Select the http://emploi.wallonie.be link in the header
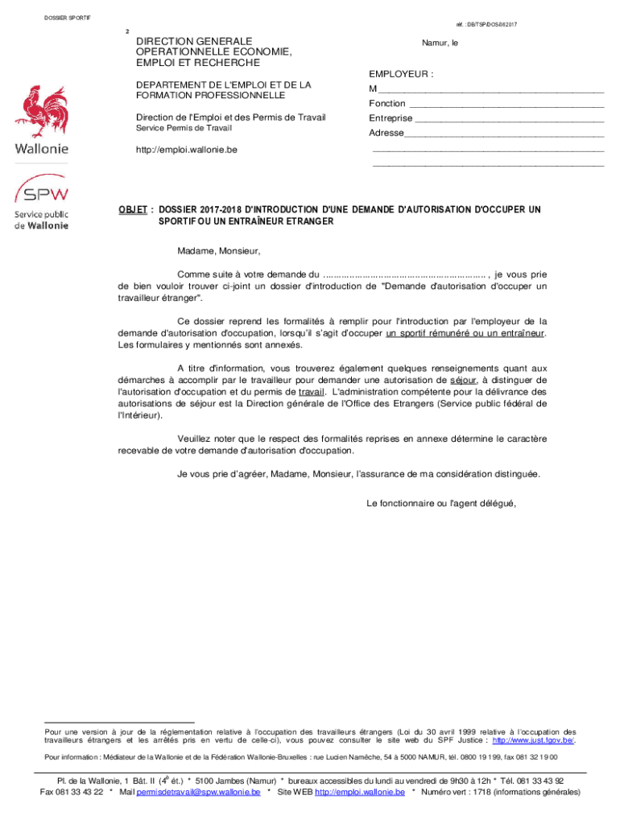(x=186, y=150)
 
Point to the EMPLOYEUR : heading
(x=401, y=74)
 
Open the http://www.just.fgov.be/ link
(x=533, y=740)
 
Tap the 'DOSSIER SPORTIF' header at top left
(x=68, y=17)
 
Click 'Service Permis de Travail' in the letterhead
(x=183, y=129)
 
